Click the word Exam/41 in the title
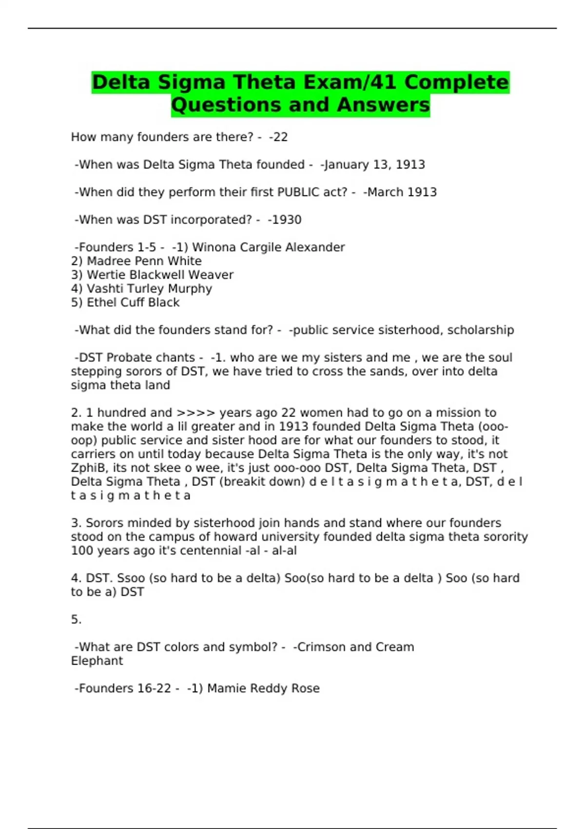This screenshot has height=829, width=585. [x=357, y=82]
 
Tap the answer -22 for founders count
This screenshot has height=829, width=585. [x=278, y=137]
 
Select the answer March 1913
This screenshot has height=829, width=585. [x=400, y=192]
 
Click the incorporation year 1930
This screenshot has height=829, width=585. [x=285, y=220]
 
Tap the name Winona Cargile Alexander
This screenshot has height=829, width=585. [x=268, y=247]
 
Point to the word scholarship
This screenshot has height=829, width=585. [x=481, y=330]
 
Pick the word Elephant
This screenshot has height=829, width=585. [x=97, y=661]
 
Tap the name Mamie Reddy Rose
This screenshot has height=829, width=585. [x=263, y=689]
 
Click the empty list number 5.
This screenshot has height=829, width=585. [x=76, y=620]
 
